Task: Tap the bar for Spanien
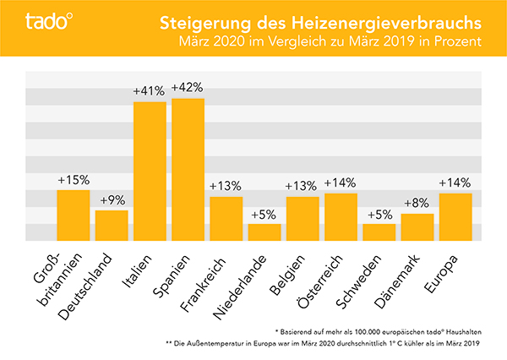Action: [188, 170]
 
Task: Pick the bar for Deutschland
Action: [112, 226]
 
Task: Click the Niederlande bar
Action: [264, 232]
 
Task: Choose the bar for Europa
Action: [455, 217]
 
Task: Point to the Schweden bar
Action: [379, 232]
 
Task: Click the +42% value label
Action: [188, 88]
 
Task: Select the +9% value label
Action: [112, 200]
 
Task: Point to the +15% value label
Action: [74, 180]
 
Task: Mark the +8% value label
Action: [417, 204]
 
